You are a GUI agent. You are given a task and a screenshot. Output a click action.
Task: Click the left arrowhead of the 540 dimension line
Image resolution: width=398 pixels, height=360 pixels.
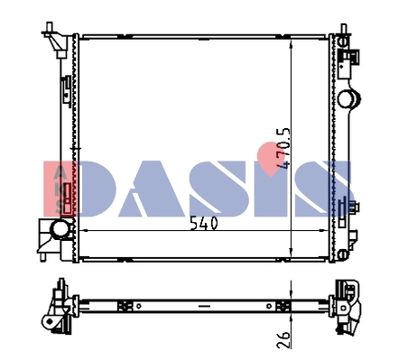click(x=84, y=231)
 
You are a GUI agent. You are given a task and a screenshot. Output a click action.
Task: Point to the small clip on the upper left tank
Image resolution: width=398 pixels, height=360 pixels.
click(x=66, y=87)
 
